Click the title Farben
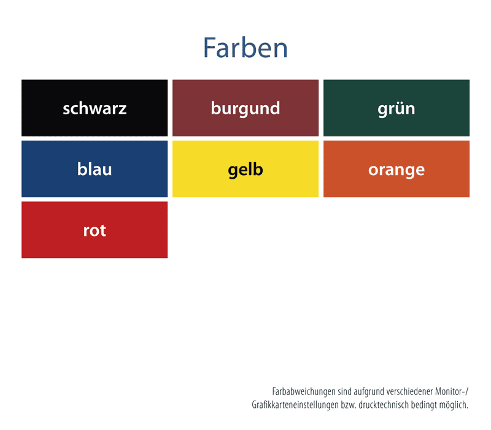click(x=245, y=48)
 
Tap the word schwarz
click(x=95, y=109)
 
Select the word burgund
click(x=245, y=109)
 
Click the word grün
click(x=396, y=109)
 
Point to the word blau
click(x=95, y=169)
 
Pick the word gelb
click(x=245, y=170)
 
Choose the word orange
click(x=396, y=171)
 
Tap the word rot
click(x=95, y=231)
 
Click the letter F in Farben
click(x=210, y=48)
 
